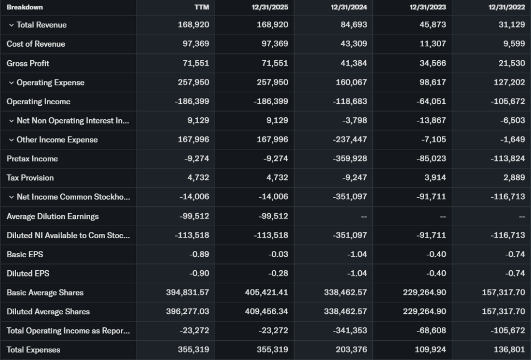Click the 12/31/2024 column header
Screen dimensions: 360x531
coord(348,7)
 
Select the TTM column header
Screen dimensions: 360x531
coord(201,7)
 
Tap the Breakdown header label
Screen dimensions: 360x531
coord(25,7)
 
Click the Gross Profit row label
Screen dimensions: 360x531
coord(28,63)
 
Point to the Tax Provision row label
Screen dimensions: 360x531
coord(30,178)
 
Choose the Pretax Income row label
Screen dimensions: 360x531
coord(32,159)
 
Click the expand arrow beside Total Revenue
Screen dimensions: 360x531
coord(11,25)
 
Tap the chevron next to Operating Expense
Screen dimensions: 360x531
coord(11,82)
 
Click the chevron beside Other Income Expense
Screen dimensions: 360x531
coord(11,140)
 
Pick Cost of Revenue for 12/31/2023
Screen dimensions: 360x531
coord(432,44)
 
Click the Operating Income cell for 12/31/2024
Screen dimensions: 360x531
coord(350,102)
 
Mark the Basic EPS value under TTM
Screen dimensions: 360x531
coord(199,255)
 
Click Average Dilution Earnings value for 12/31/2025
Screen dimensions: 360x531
coord(272,216)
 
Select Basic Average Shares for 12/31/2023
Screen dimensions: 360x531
coord(424,293)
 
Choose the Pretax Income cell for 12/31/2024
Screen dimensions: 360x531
coord(350,159)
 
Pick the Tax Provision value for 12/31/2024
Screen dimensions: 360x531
coord(354,178)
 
